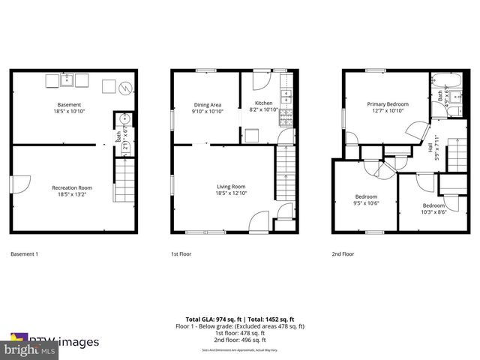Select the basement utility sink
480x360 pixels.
[66, 79]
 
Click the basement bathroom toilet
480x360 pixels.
[124, 119]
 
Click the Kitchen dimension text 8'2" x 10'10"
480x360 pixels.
[263, 110]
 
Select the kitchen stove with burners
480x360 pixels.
[285, 97]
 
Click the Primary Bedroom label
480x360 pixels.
[387, 104]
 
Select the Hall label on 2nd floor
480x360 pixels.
[430, 148]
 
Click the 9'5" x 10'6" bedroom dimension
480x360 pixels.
[367, 202]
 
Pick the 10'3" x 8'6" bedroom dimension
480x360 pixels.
[433, 211]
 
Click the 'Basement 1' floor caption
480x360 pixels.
[25, 254]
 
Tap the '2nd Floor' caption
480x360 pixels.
[343, 254]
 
